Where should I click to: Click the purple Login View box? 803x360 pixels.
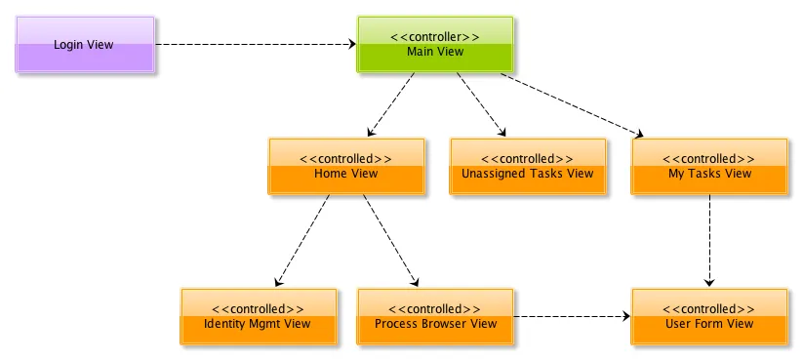click(x=85, y=45)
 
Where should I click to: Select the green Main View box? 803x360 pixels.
click(x=434, y=45)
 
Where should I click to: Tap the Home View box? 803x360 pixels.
click(x=345, y=167)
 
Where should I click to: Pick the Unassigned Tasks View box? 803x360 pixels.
click(x=527, y=167)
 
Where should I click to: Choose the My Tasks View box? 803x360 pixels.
click(x=708, y=167)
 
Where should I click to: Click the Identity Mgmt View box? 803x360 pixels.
click(x=258, y=317)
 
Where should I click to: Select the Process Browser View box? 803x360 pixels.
click(x=435, y=317)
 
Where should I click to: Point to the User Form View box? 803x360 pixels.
click(x=708, y=317)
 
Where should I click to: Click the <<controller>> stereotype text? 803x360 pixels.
click(x=434, y=37)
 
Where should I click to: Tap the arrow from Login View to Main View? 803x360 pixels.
click(x=255, y=44)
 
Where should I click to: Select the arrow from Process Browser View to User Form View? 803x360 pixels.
click(x=572, y=317)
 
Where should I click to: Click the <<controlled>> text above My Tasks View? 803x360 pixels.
click(x=708, y=159)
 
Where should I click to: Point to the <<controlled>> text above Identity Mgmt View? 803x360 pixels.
click(x=258, y=309)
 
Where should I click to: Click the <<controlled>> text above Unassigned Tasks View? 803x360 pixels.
click(x=527, y=159)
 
